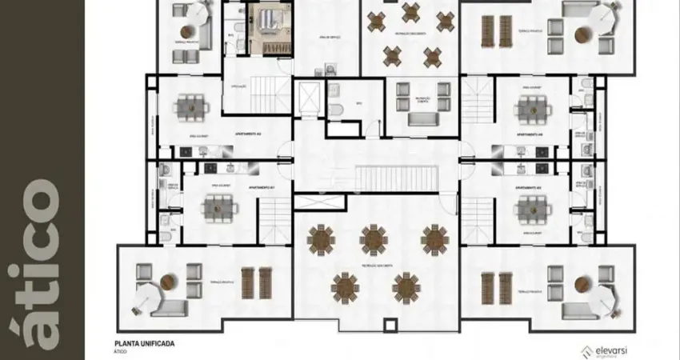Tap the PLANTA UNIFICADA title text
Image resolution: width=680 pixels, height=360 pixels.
pos(144,343)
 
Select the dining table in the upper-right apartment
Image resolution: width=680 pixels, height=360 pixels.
pos(531,106)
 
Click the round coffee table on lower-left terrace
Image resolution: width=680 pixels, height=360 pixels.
pos(167,282)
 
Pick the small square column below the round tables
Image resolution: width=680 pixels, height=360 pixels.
pos(390,325)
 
